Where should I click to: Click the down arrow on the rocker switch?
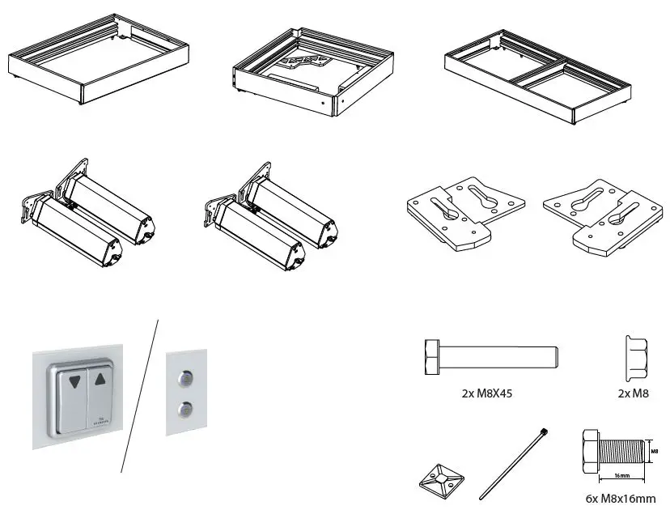click(x=75, y=380)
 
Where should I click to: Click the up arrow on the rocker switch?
click(x=100, y=378)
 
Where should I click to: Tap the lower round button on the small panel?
click(x=187, y=408)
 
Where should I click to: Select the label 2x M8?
click(x=634, y=395)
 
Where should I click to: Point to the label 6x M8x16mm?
click(x=621, y=499)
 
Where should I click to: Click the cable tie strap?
click(x=514, y=465)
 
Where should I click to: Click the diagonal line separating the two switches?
click(x=139, y=397)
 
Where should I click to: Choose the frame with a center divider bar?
click(x=537, y=83)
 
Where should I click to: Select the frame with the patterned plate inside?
click(x=311, y=71)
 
